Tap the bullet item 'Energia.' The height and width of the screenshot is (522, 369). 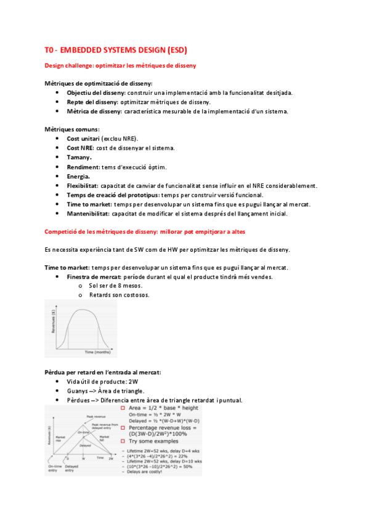(x=79, y=176)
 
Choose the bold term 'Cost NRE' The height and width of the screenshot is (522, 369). (x=81, y=148)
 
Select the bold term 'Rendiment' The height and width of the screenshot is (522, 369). (x=83, y=167)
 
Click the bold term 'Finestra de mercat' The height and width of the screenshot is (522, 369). (x=94, y=277)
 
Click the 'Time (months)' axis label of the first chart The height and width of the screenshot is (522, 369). (x=97, y=352)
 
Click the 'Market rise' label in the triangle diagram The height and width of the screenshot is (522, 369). (x=57, y=438)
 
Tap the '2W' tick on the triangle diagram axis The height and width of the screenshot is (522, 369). (x=112, y=459)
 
